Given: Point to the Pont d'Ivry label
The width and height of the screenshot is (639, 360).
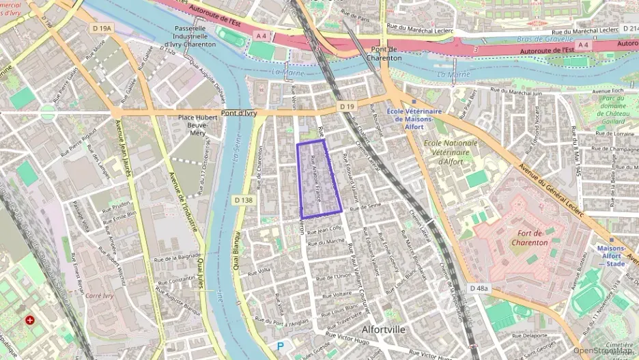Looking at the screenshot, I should [x=239, y=113].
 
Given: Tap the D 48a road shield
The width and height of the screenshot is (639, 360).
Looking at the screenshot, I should [x=480, y=288].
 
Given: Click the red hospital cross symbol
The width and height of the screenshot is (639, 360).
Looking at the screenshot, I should [x=30, y=320].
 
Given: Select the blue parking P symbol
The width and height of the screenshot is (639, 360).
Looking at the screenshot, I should [x=280, y=346].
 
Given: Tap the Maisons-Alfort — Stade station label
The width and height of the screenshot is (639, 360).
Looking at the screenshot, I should [x=612, y=256].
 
